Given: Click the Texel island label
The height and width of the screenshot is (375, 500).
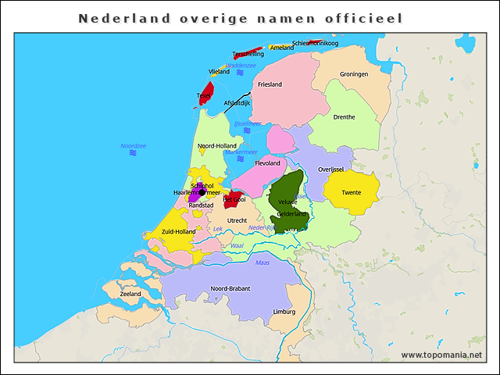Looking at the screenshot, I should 203,96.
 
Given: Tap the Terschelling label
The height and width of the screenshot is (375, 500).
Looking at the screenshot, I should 248,54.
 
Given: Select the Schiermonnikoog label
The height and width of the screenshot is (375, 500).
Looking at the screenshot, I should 315,43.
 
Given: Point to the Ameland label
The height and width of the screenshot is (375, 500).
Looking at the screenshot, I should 282,48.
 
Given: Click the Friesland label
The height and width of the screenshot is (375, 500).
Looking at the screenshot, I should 270,84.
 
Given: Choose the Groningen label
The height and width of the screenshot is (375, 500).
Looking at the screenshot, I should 354,74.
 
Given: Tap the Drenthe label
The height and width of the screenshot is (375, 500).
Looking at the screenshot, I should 344,117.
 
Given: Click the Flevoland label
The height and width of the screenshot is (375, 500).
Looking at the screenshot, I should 267,163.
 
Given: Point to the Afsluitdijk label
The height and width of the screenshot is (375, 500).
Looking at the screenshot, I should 237,103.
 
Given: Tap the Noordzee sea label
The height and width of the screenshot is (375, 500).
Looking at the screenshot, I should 133,146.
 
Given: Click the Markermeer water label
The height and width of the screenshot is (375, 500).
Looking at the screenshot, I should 241,152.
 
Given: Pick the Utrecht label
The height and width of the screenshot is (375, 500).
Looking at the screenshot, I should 237,221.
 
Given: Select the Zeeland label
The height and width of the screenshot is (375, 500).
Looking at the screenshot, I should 130,294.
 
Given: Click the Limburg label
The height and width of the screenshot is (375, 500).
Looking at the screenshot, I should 284,312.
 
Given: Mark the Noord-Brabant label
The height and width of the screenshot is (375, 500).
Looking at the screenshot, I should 230,288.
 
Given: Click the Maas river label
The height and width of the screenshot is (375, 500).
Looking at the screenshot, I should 262,262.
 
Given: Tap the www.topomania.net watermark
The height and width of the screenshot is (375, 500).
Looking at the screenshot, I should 441,355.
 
